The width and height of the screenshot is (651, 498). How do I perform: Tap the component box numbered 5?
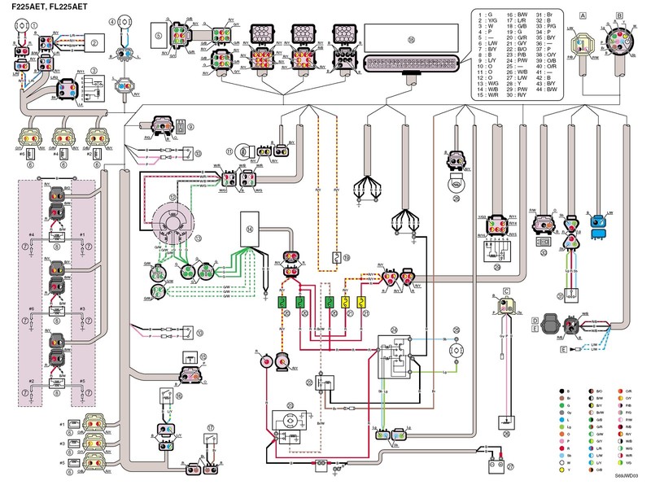click(159, 37)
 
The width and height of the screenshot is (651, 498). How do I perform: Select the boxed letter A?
click(583, 15)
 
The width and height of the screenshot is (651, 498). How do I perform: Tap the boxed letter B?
click(620, 15)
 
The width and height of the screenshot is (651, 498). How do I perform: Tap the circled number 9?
click(190, 128)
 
